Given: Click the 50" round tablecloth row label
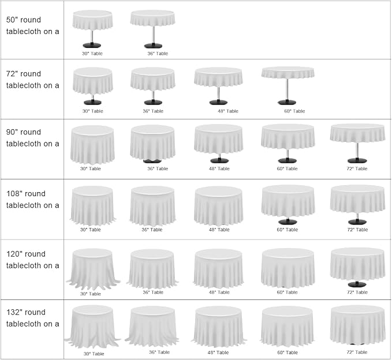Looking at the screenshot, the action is (x=32, y=25).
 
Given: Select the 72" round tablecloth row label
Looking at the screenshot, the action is (x=32, y=80).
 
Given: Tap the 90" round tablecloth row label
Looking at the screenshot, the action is (x=32, y=138).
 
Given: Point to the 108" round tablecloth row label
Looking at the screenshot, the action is (x=32, y=200).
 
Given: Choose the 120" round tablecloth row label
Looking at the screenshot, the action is (x=32, y=260).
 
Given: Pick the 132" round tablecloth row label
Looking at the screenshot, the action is (x=32, y=318).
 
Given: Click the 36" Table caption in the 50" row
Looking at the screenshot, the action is (x=158, y=54).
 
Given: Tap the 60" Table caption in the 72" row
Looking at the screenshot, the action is (x=294, y=111).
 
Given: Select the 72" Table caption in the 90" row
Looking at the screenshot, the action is (x=357, y=168).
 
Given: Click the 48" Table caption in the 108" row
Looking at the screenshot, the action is (x=219, y=230).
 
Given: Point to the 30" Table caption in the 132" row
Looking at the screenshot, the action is (x=94, y=354).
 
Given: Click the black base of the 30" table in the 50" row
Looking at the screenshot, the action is (x=92, y=45).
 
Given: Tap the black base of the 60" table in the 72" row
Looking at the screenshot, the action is (x=287, y=102).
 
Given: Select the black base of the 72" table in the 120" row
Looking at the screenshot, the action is (x=357, y=284).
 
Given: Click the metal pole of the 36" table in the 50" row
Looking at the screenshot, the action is (x=153, y=35).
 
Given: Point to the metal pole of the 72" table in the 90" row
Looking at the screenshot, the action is (x=357, y=151).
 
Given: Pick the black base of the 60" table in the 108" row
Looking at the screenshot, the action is (x=288, y=222).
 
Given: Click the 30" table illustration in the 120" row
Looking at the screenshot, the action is (x=93, y=269).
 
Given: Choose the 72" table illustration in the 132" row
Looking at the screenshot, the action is (x=357, y=325).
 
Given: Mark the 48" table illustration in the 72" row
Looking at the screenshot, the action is (x=218, y=86).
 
